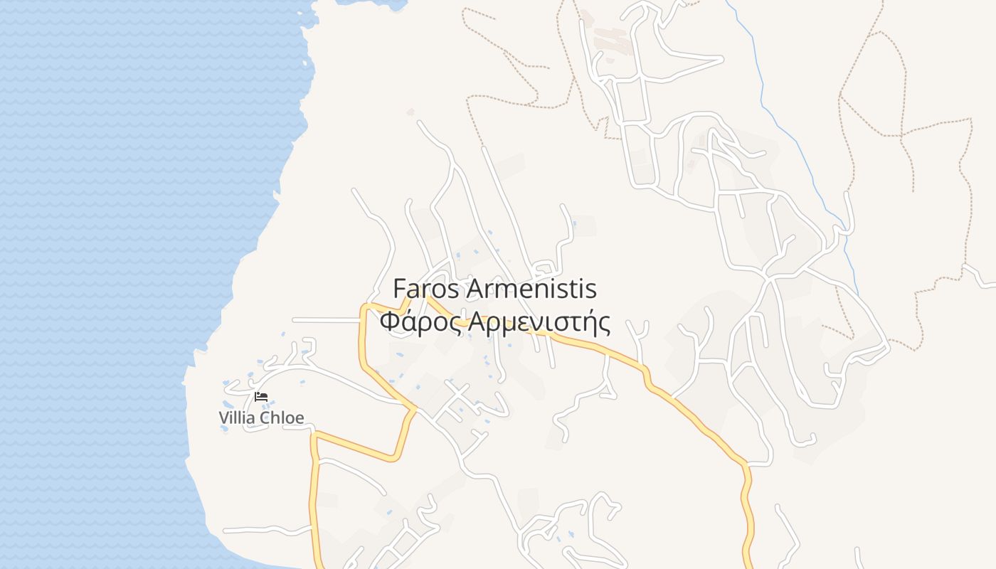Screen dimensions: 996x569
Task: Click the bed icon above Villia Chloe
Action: (x=261, y=397)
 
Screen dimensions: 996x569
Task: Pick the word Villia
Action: (x=237, y=418)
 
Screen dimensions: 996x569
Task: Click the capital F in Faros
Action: (x=400, y=289)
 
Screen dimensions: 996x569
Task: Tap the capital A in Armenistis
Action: (x=475, y=289)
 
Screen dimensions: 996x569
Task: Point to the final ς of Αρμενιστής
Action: (x=605, y=324)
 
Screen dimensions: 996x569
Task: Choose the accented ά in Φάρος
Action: (x=409, y=322)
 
